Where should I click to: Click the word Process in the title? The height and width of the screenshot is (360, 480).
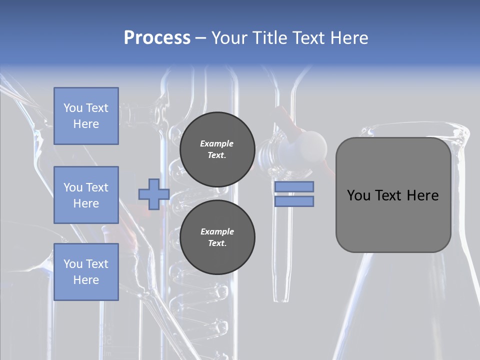point(157,37)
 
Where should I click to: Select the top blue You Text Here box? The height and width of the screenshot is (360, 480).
point(86,116)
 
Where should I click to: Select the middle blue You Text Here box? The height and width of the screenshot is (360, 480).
point(86,195)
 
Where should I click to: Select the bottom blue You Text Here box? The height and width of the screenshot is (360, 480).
point(86,272)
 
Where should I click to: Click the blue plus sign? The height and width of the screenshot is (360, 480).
point(154,194)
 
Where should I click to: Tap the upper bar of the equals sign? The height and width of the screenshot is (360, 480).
point(294,186)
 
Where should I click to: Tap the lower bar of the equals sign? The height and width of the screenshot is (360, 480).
point(294,201)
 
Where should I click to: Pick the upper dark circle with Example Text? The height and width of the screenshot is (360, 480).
point(217,149)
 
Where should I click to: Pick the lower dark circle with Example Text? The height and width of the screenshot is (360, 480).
point(217,237)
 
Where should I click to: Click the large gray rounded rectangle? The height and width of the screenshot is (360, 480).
point(393,220)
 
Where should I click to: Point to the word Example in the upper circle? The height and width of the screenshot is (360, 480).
point(217,143)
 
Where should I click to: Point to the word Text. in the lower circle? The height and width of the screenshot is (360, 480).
point(217,243)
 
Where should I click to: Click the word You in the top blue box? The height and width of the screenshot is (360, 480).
point(72,108)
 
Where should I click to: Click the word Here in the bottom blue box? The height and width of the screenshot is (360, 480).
point(86,280)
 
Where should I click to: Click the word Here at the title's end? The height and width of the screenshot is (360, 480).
point(349,37)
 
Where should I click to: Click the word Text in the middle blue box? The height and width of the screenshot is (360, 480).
point(97,187)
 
